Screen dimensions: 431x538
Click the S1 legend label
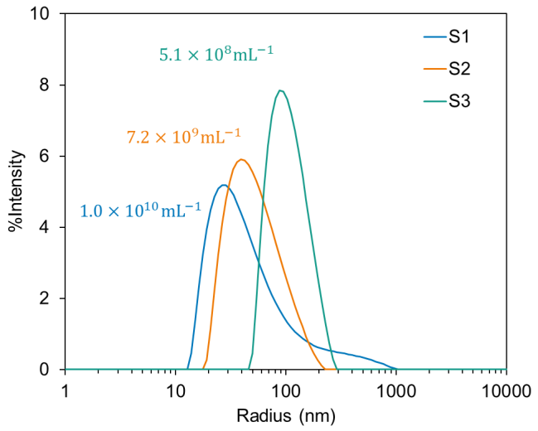tap(460, 37)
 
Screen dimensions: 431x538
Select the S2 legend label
tap(460, 70)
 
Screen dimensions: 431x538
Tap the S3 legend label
tap(460, 102)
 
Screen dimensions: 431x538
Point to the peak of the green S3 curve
tap(282, 90)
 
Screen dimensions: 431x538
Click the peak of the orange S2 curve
tap(241, 160)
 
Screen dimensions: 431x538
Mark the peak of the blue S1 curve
tap(223, 185)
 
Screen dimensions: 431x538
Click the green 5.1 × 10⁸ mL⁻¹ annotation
tap(216, 56)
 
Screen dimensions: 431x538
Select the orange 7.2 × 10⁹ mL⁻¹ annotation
tap(183, 136)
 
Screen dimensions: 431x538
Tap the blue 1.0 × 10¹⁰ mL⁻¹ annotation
tap(140, 211)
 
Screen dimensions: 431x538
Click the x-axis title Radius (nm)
tap(286, 414)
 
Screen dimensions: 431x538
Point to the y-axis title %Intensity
tap(16, 191)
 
